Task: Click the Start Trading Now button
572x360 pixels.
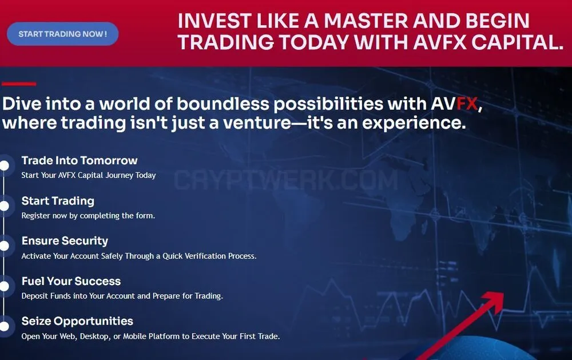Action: click(x=62, y=34)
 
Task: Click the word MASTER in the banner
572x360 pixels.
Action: click(x=366, y=21)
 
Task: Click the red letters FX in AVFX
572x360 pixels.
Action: click(x=467, y=104)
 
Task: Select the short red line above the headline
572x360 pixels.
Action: click(x=19, y=84)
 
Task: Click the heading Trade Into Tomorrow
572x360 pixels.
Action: click(x=80, y=160)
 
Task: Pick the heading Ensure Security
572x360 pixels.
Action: click(x=65, y=241)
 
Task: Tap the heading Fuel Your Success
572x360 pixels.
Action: click(x=71, y=281)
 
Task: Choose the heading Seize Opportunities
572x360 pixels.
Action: click(x=77, y=321)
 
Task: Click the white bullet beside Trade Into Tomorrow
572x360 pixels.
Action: click(x=5, y=166)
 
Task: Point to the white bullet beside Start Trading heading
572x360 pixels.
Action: click(x=5, y=206)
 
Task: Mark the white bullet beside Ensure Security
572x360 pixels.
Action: click(x=5, y=246)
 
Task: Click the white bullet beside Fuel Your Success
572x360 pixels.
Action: click(x=5, y=286)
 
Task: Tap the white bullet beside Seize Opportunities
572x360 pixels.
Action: click(x=5, y=326)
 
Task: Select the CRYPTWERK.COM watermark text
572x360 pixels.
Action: click(x=285, y=180)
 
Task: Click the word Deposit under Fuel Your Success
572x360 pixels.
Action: click(x=35, y=296)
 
